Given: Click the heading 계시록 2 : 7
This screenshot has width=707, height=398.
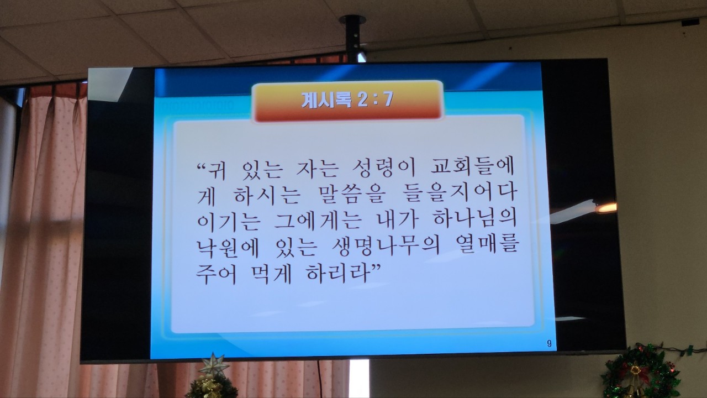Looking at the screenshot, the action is click(x=347, y=101).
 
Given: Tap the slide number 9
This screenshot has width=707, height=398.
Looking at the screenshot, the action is click(x=549, y=344).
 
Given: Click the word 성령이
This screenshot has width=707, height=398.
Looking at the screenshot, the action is click(x=384, y=168).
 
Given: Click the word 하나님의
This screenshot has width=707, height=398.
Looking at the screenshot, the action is click(x=475, y=219).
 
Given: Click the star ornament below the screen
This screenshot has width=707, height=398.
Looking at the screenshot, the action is click(x=214, y=365).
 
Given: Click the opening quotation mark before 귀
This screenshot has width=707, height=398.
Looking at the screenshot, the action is click(x=202, y=166).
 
